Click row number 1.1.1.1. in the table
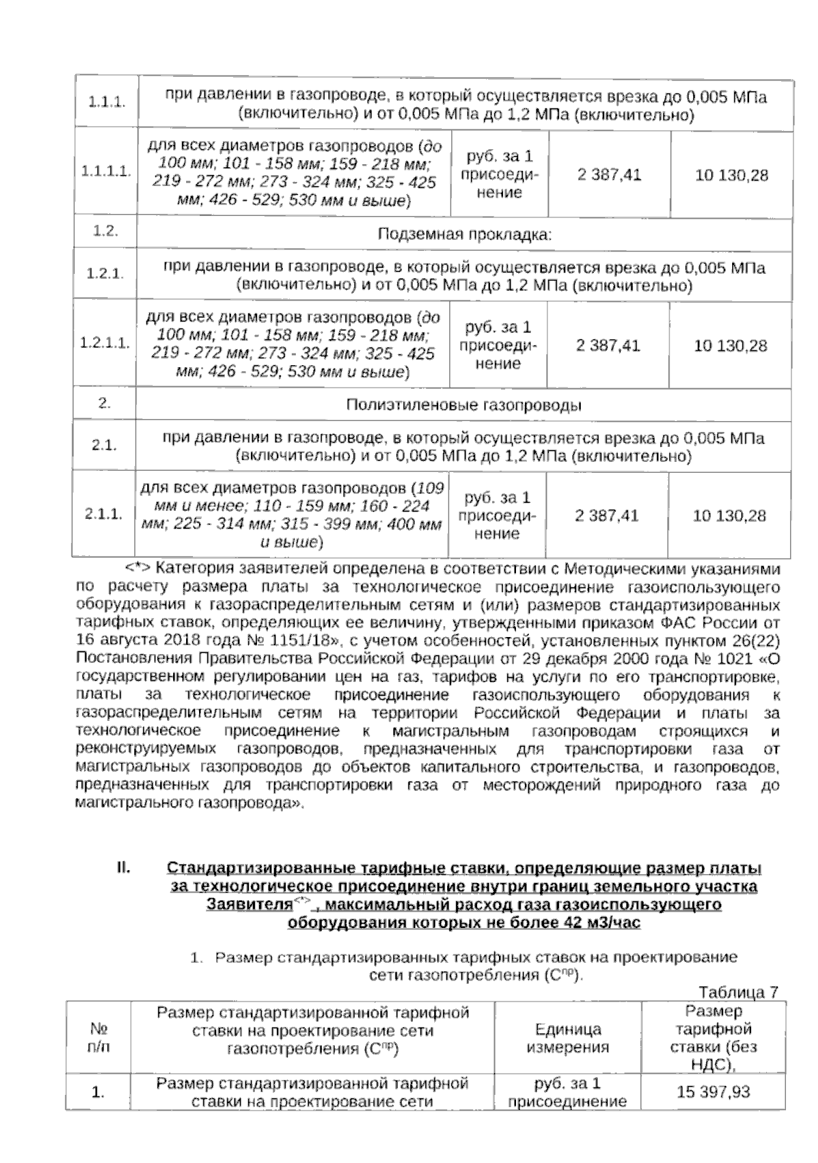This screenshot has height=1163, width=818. click(x=106, y=172)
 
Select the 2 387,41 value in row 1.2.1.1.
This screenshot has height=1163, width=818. click(x=608, y=345)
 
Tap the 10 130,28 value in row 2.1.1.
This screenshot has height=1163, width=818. click(x=729, y=515)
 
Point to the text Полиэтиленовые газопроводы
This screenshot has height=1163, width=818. click(x=464, y=405)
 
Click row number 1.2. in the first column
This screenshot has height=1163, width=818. click(x=105, y=231)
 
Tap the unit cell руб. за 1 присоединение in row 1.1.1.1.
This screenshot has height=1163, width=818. click(x=499, y=174)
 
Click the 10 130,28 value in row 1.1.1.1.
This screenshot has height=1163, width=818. click(x=731, y=175)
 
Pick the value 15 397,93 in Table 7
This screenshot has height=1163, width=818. click(x=713, y=1091)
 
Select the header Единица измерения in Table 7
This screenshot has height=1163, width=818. click(x=568, y=1038)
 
